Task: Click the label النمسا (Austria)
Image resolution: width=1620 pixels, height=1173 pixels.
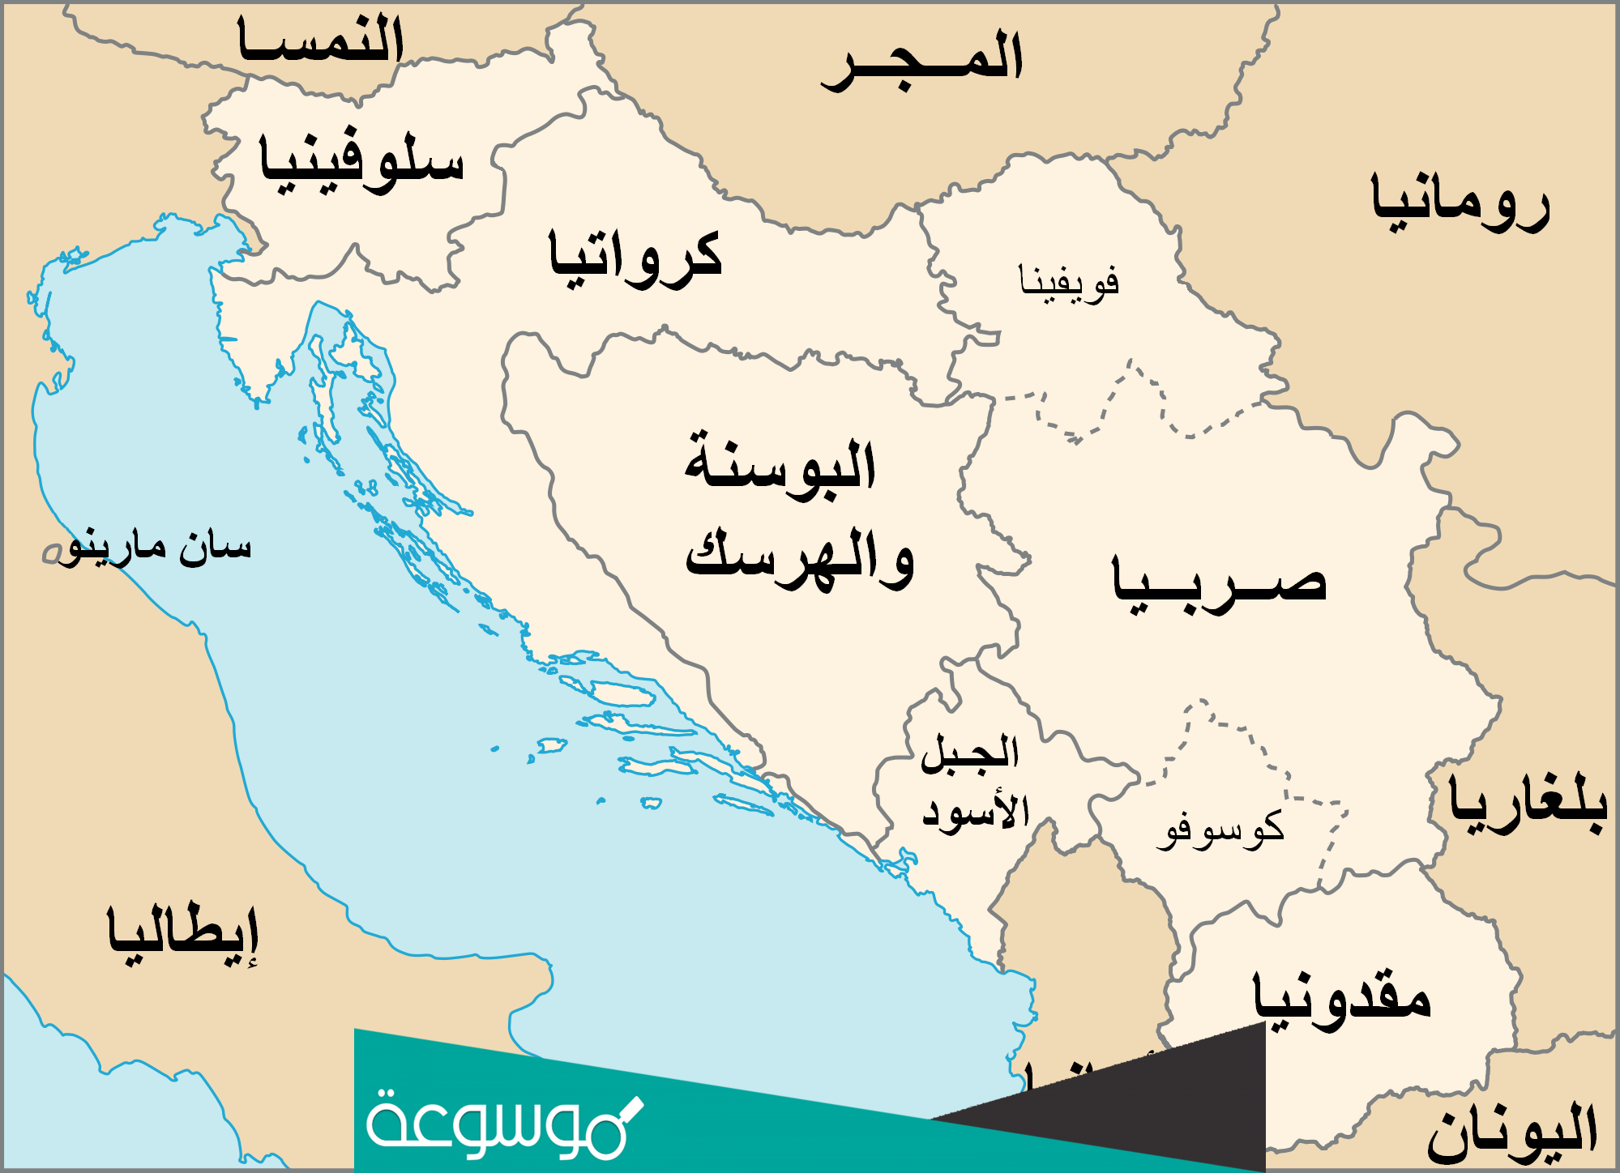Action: [x=321, y=41]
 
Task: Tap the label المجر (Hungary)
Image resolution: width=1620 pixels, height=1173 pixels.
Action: [x=923, y=61]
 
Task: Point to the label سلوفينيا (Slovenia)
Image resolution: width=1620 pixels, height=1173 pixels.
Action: [x=361, y=162]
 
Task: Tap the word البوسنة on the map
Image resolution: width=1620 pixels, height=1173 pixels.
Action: [x=780, y=463]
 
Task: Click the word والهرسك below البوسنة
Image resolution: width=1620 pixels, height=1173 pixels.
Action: [x=801, y=559]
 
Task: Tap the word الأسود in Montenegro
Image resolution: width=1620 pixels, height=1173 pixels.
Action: [x=977, y=810]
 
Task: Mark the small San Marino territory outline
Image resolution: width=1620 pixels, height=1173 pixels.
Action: [x=52, y=553]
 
